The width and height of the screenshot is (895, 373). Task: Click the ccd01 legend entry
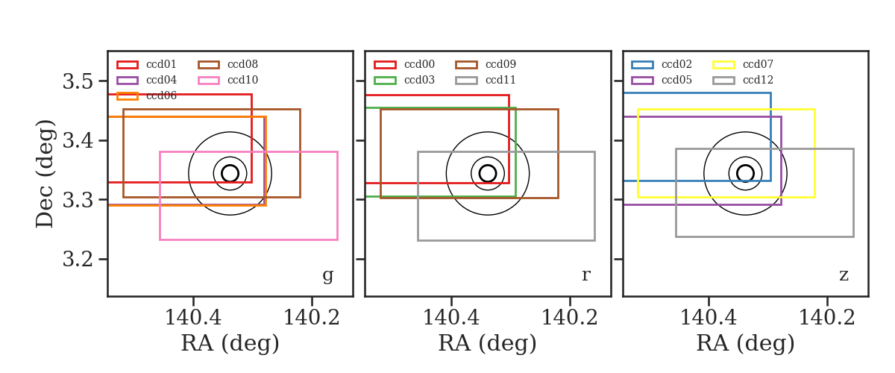[146, 64]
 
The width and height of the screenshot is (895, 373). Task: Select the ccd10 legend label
[242, 80]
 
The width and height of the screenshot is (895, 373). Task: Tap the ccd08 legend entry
[227, 64]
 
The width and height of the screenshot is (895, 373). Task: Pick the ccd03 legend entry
[404, 80]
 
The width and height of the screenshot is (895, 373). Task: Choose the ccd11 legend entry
[486, 80]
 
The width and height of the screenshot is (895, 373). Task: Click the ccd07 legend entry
[743, 64]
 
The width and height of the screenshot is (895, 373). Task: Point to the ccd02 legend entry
[662, 64]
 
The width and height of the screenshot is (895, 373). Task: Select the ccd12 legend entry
[743, 80]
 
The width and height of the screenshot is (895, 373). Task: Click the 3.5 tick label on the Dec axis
[78, 81]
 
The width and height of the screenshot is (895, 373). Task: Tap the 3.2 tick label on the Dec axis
[78, 259]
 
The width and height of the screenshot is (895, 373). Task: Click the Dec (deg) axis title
[44, 174]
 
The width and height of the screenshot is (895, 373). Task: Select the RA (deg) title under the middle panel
[488, 343]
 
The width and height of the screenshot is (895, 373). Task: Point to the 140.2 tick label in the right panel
[826, 318]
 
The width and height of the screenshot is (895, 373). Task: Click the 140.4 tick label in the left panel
[193, 318]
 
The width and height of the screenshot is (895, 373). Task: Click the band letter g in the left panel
[327, 276]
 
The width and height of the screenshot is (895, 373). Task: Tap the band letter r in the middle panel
[585, 275]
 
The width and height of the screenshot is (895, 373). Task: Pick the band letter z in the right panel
[844, 275]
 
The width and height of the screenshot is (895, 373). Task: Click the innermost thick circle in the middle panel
[488, 165]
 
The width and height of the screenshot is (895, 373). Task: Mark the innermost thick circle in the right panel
[745, 165]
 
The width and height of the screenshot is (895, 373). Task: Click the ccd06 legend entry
[146, 96]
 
